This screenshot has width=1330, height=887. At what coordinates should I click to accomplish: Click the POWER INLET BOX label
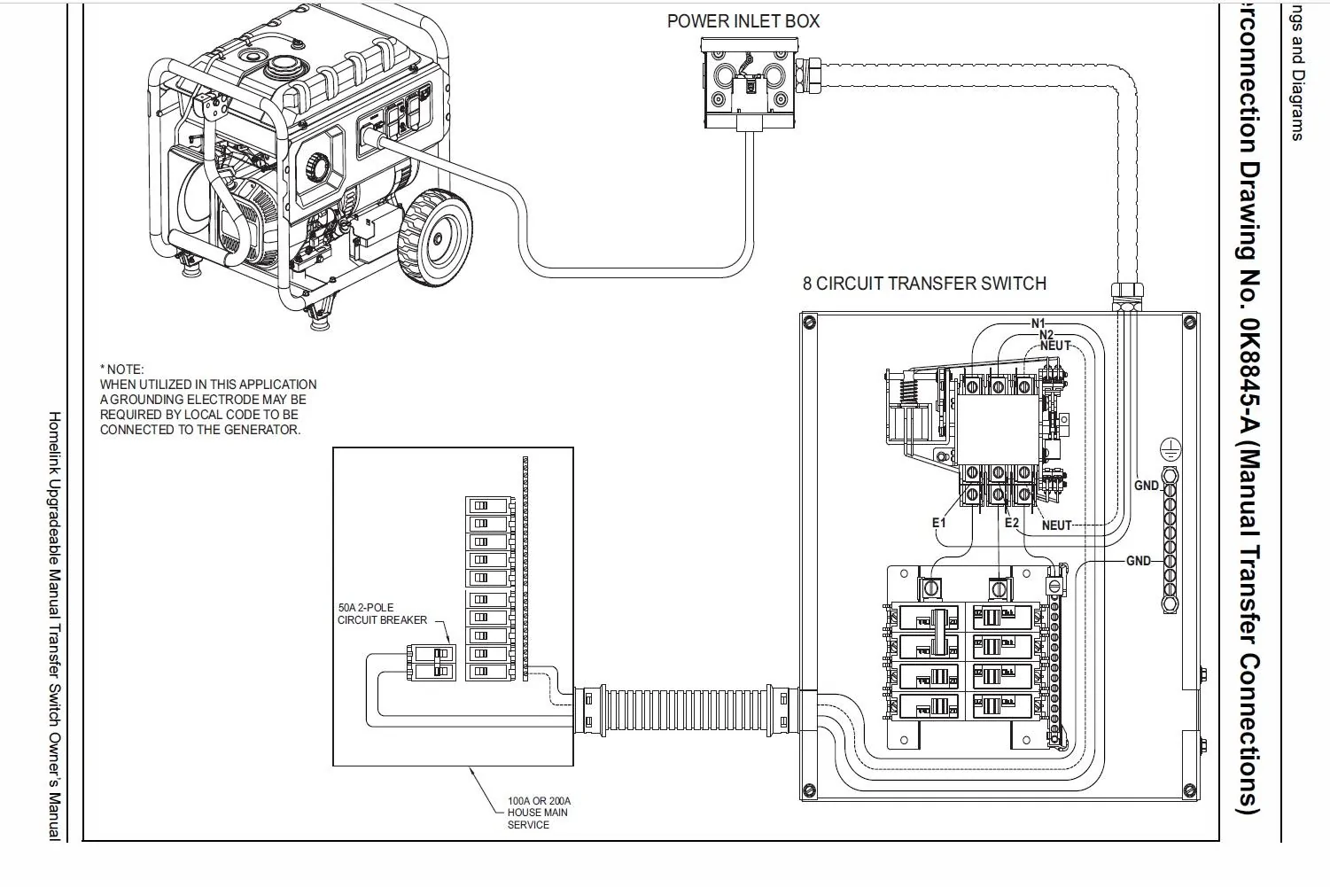(x=743, y=21)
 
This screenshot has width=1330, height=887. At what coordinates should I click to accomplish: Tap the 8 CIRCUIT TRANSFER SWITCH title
(x=924, y=284)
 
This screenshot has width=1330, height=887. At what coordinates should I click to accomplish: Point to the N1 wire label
(x=1038, y=323)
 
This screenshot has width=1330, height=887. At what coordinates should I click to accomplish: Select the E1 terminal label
(x=938, y=523)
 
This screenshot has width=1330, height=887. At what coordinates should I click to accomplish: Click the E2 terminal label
(x=1012, y=523)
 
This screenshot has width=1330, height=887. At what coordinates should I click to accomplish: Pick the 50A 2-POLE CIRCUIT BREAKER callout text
(x=382, y=614)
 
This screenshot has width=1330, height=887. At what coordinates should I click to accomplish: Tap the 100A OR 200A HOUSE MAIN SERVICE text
(x=538, y=813)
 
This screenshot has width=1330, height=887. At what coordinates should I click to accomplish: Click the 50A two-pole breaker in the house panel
(x=432, y=663)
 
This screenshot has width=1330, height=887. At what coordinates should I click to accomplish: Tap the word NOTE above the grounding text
(x=125, y=370)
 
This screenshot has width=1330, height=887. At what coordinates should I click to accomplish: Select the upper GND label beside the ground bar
(x=1147, y=486)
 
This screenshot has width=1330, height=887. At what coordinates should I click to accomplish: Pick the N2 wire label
(x=1046, y=335)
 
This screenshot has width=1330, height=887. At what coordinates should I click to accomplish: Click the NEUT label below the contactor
(x=1057, y=525)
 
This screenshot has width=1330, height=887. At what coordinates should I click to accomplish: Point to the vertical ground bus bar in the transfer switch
(x=1170, y=541)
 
